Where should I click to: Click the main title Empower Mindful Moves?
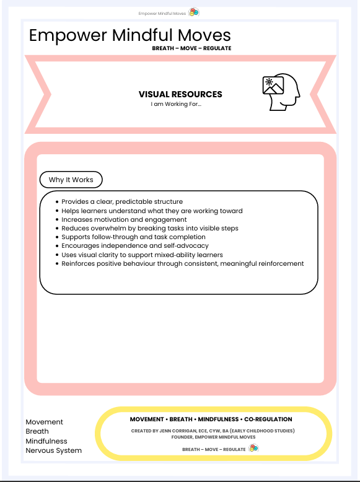click(130, 35)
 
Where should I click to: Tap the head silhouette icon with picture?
click(281, 94)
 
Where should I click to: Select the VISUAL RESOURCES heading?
click(180, 94)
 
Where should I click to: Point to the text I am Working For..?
click(176, 104)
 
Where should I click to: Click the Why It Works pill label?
click(71, 180)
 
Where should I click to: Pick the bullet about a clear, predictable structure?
click(122, 202)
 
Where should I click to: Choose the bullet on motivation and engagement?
click(124, 219)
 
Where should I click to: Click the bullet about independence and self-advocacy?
click(133, 246)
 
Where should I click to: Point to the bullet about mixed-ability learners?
click(142, 255)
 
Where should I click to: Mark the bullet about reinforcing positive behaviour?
click(183, 263)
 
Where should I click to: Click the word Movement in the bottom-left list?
click(45, 422)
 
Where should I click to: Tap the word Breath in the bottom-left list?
click(37, 431)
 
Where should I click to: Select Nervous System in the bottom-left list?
click(53, 450)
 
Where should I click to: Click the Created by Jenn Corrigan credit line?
click(213, 431)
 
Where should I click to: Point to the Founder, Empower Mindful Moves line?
click(213, 437)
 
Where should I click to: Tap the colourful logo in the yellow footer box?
click(253, 449)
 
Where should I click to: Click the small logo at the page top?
click(193, 12)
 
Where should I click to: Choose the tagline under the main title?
click(191, 48)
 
